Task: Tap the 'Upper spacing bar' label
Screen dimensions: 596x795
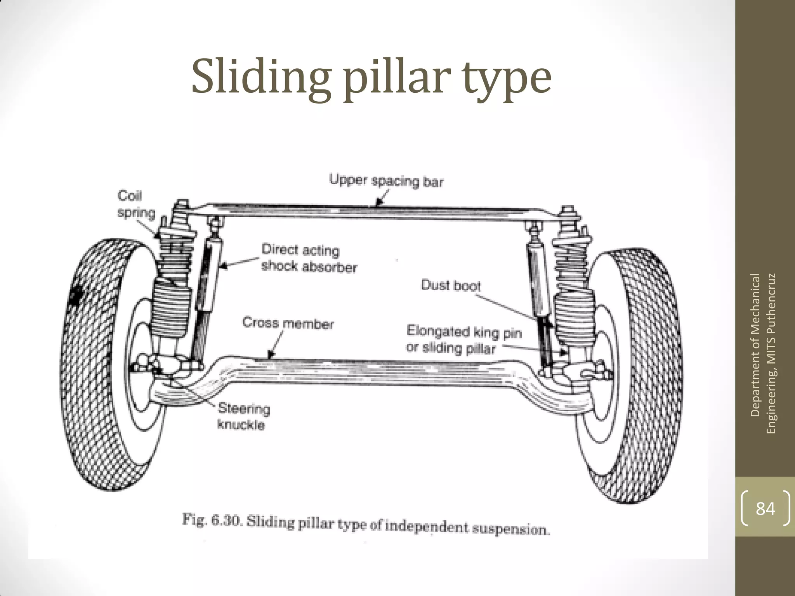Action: coord(386,181)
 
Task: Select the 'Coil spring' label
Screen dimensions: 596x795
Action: coord(136,204)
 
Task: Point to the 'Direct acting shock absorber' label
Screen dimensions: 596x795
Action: coord(309,258)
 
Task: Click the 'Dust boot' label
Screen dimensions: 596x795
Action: coord(451,286)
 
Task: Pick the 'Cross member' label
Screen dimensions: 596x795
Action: coord(288,323)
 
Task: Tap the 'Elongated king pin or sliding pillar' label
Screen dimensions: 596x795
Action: coord(463,340)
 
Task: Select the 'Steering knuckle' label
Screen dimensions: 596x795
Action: coord(243,416)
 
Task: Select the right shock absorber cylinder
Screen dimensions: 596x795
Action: coord(536,279)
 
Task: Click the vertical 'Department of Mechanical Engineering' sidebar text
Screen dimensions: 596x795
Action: coord(763,353)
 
